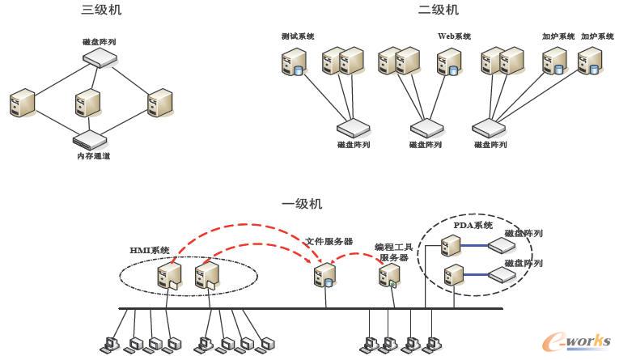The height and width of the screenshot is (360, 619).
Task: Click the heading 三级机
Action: point(103,11)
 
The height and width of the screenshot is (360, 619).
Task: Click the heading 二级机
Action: point(438,11)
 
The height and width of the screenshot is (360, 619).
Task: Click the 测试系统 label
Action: point(298,36)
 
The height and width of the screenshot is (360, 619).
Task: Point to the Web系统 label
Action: point(454,36)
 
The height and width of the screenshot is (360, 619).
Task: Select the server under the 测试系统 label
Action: point(293,63)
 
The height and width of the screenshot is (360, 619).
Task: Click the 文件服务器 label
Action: point(329,241)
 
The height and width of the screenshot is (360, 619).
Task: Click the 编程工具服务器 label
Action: point(395,252)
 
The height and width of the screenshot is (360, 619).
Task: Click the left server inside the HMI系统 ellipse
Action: point(170,276)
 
